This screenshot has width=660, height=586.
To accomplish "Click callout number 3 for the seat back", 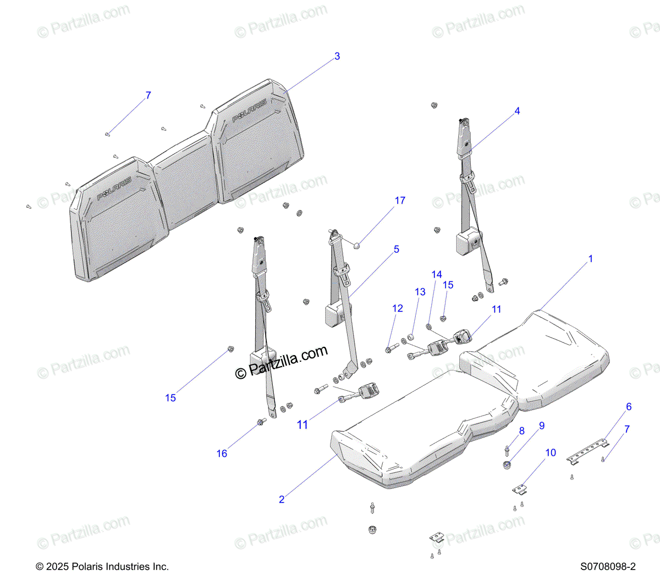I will [x=337, y=56].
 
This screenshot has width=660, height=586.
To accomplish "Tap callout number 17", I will [x=400, y=201].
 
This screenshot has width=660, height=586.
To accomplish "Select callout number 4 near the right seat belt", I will [x=517, y=111].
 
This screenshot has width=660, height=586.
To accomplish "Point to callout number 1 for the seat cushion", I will [x=591, y=258].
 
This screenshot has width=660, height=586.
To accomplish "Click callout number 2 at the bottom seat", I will [x=282, y=499].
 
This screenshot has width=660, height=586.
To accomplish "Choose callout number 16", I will [x=222, y=454].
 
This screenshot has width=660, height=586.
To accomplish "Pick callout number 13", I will [x=420, y=292].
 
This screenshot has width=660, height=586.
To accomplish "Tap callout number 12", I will [x=398, y=308].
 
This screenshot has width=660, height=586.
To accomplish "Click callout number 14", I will [x=437, y=274].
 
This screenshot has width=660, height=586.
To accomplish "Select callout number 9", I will [x=542, y=425].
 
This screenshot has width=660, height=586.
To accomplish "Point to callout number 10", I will [x=551, y=452].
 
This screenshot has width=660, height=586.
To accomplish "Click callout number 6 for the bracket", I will [x=629, y=407].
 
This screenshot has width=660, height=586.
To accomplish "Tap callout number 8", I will [x=521, y=431].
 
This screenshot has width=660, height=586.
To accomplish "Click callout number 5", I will [x=396, y=249].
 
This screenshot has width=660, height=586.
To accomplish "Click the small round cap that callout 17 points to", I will [x=356, y=244].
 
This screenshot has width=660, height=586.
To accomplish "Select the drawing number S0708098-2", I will [x=608, y=567].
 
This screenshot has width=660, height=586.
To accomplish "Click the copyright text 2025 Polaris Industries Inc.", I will [x=102, y=567].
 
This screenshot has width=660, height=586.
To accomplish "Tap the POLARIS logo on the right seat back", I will [x=249, y=110].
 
